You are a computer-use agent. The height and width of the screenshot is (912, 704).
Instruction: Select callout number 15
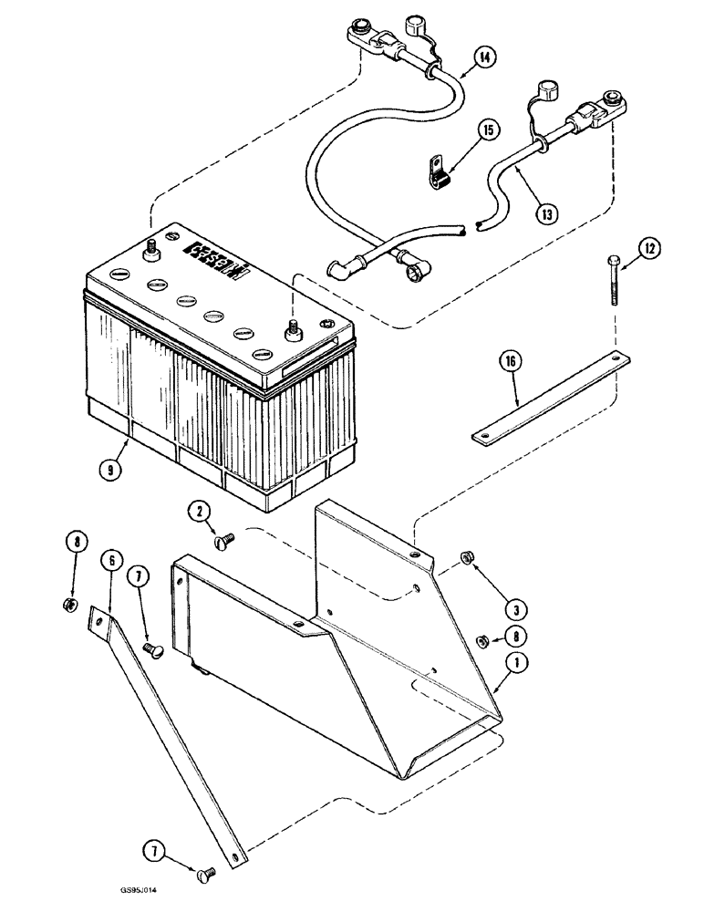click(x=489, y=130)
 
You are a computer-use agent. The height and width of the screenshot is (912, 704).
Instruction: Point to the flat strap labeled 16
click(x=550, y=398)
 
